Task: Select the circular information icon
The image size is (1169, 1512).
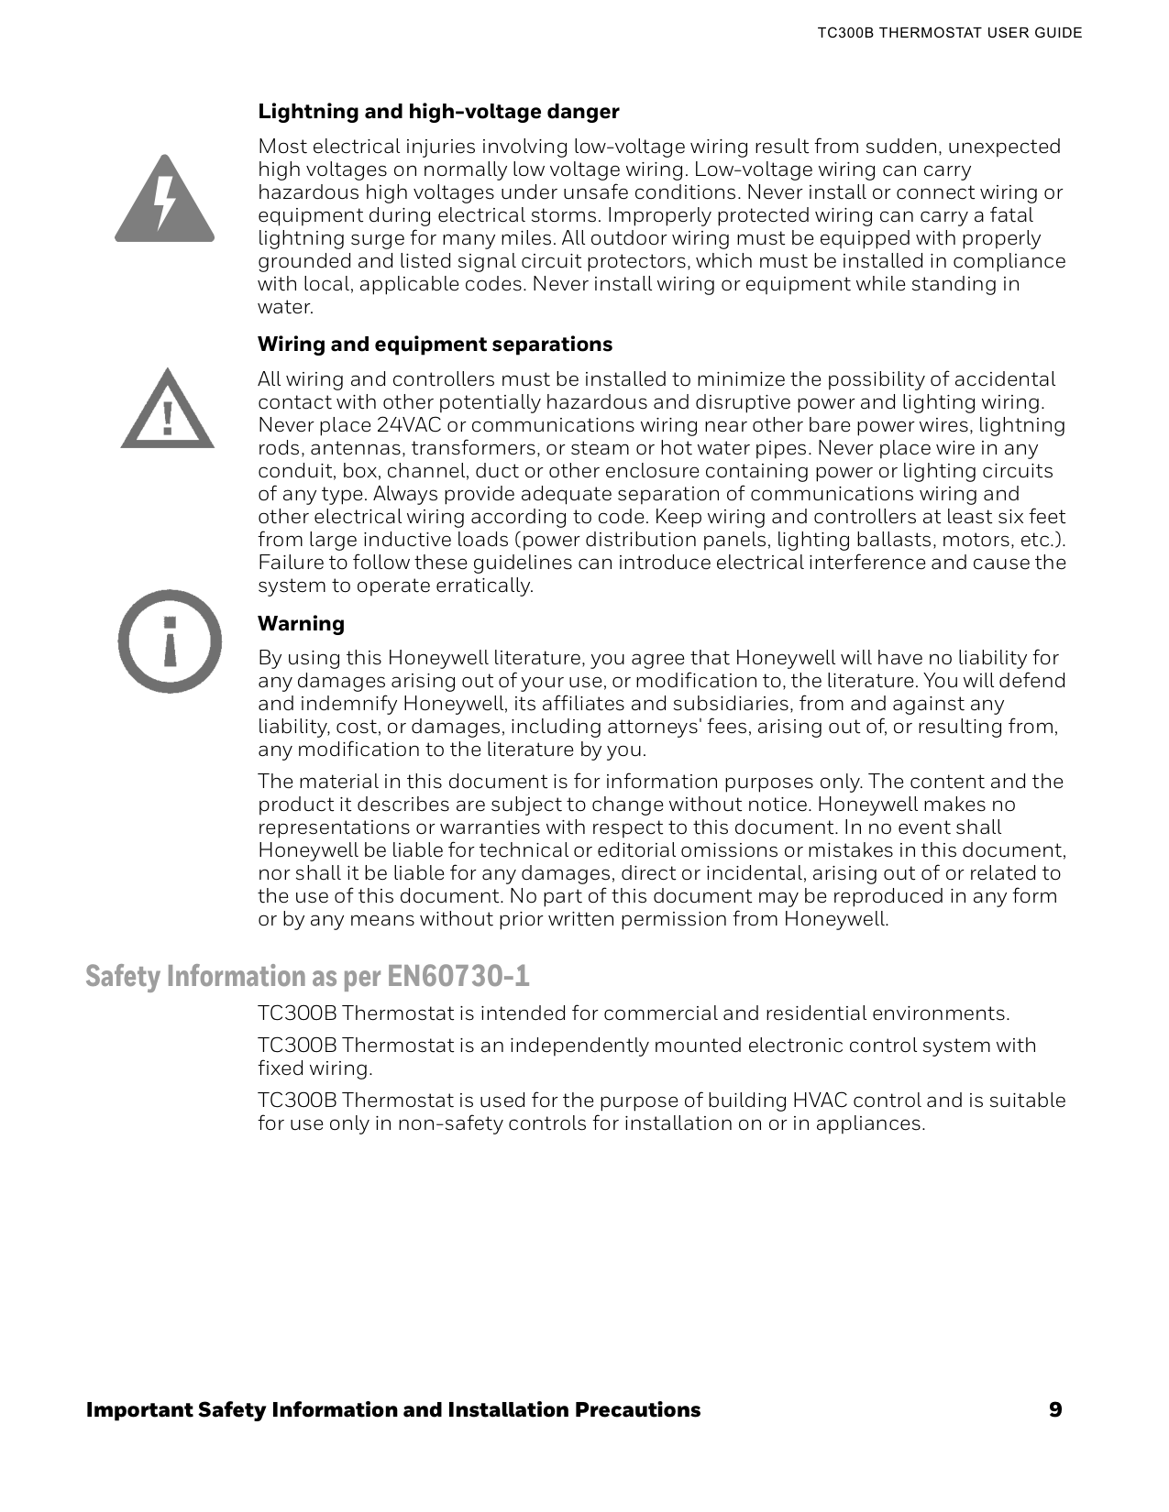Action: [x=170, y=641]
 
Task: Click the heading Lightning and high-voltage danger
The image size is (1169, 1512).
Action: [x=438, y=112]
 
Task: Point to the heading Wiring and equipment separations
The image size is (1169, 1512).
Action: [x=435, y=345]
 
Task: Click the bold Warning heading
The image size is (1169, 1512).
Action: [x=301, y=624]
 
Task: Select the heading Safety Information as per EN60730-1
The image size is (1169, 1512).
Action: [x=307, y=977]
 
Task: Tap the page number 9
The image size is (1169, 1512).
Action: [x=1055, y=1409]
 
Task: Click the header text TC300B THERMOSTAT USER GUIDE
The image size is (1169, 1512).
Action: [x=949, y=33]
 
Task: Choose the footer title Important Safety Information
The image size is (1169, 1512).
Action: [x=392, y=1409]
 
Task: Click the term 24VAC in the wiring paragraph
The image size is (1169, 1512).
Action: [x=408, y=426]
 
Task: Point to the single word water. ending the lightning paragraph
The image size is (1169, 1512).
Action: [x=285, y=307]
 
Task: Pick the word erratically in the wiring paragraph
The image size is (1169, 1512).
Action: [x=486, y=586]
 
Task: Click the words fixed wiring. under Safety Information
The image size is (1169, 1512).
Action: [x=314, y=1068]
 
